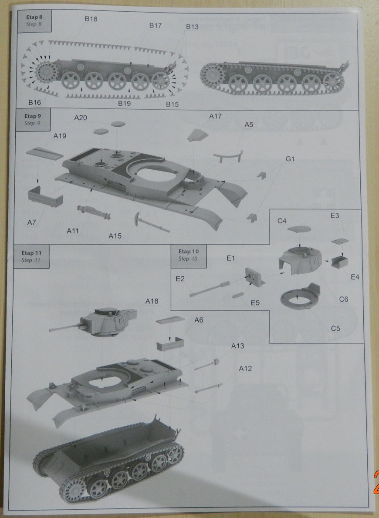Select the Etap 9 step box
click(32, 120)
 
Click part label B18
click(91, 19)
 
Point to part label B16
click(34, 102)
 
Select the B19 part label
click(124, 104)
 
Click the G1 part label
click(290, 159)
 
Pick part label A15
click(115, 236)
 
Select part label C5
click(335, 328)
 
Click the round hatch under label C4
click(301, 229)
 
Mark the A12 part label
click(245, 369)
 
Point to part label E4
click(355, 276)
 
